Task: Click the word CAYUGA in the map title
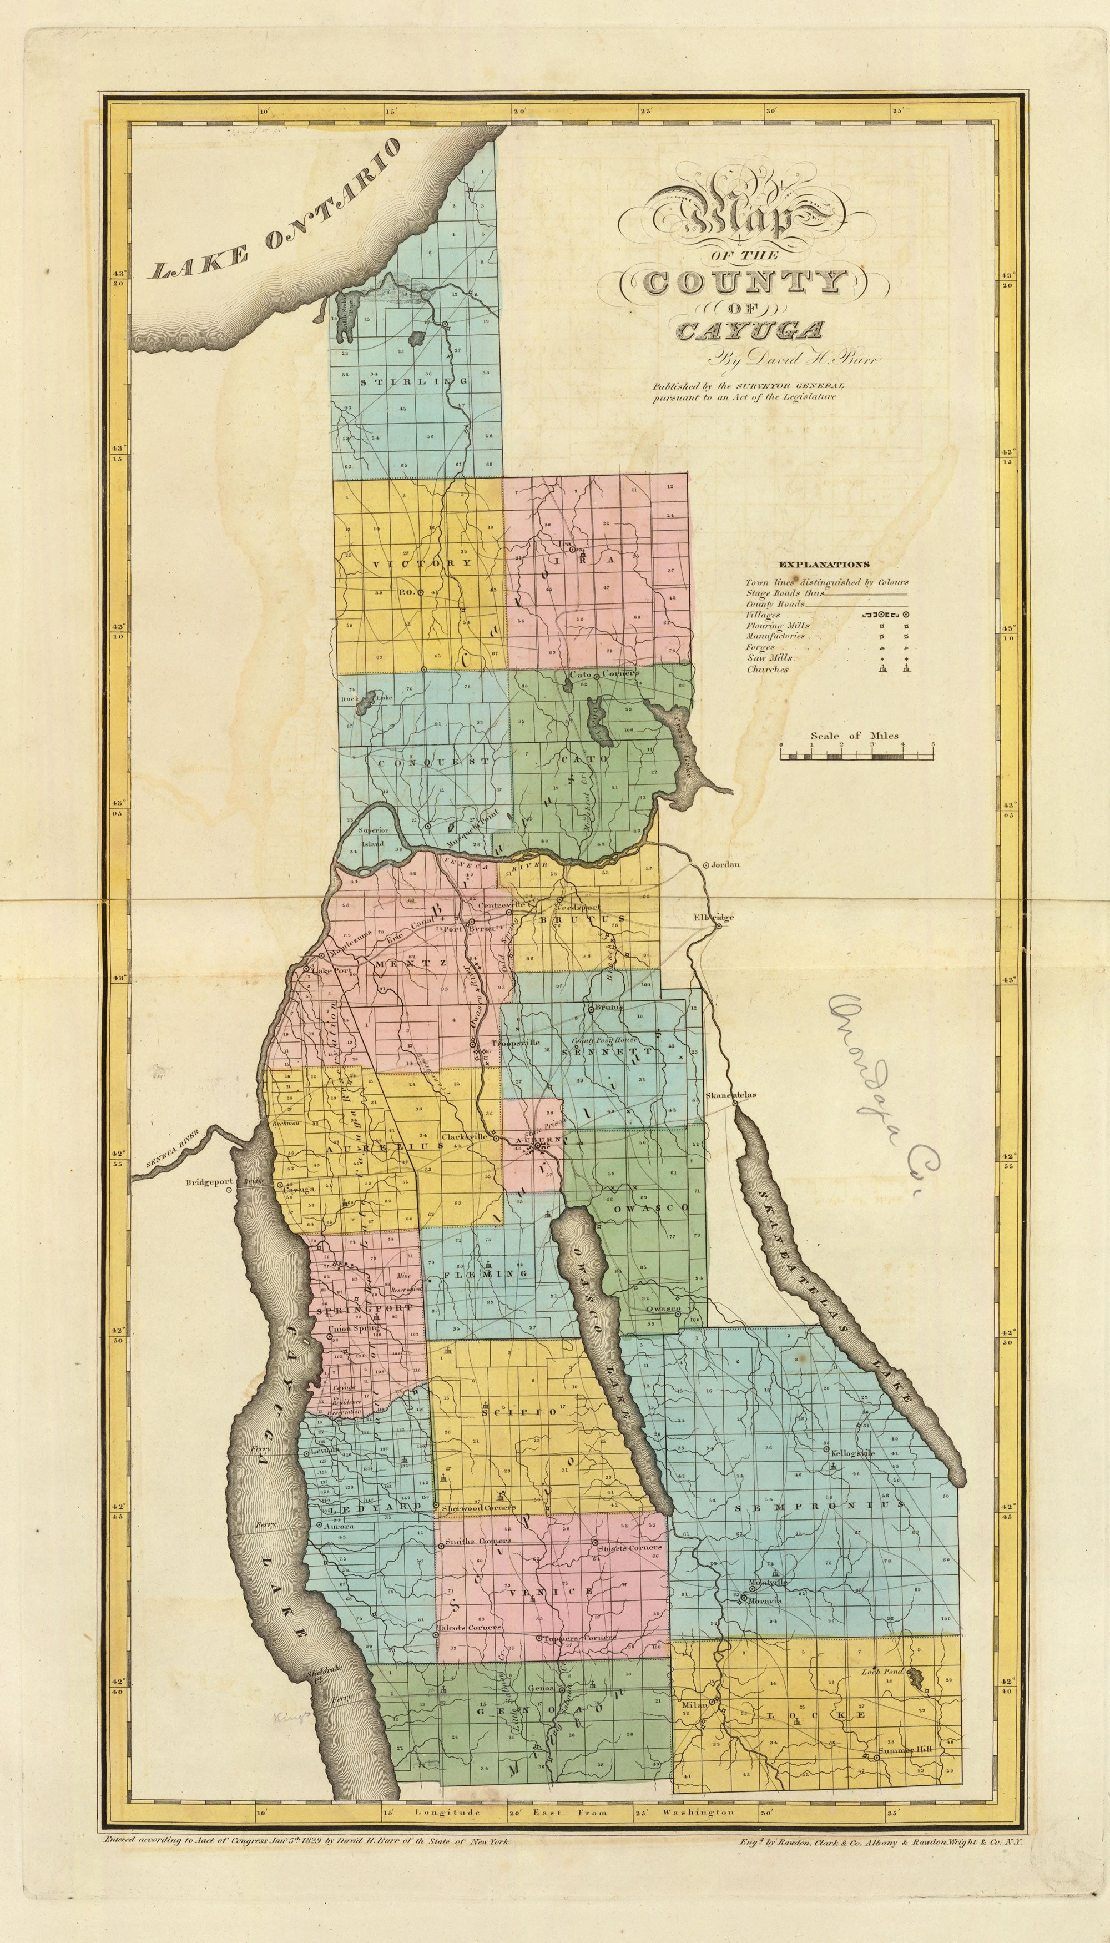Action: (x=749, y=330)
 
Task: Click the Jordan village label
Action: (x=726, y=865)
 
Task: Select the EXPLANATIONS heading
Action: (x=824, y=565)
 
